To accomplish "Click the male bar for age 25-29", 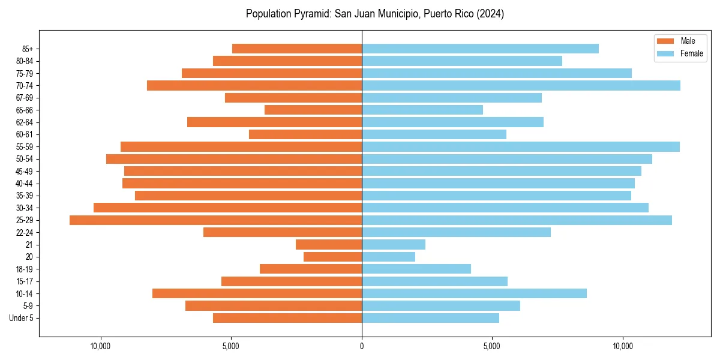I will pos(216,220).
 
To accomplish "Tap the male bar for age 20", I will pos(333,257).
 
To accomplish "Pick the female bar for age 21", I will pos(394,245).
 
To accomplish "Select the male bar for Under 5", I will pos(287,318).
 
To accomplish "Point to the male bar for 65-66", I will pos(313,110).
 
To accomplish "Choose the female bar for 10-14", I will pos(474,293).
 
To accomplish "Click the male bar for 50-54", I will pos(234,159).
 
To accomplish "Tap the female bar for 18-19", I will pos(416,269).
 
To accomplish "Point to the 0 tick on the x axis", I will pos(362,346).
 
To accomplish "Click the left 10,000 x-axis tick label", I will pos(100,346).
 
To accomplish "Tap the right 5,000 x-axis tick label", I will pos(492,346).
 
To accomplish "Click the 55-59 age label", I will pos(25,147).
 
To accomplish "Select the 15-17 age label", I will pos(25,281).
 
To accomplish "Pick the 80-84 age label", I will pos(25,61).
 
